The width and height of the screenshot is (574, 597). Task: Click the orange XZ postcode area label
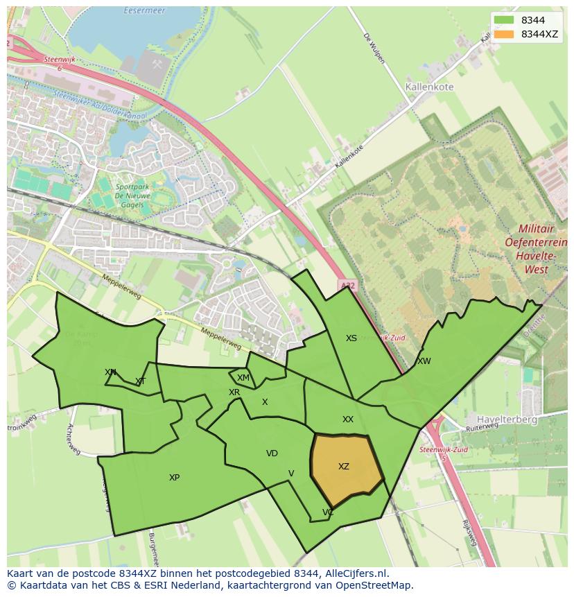click(344, 467)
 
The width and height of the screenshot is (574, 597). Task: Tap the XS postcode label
click(351, 338)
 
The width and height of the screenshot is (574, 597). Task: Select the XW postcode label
click(424, 361)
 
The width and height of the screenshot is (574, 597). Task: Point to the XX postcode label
click(348, 419)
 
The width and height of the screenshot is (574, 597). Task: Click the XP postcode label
click(174, 478)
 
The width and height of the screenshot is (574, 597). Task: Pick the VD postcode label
click(272, 453)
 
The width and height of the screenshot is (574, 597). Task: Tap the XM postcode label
click(243, 378)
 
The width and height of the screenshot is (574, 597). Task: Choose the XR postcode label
click(234, 392)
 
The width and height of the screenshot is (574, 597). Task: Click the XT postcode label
click(141, 381)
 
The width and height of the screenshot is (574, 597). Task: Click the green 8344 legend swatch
click(504, 20)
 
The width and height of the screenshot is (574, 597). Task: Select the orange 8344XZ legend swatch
click(504, 34)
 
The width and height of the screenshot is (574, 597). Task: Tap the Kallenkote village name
click(428, 87)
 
